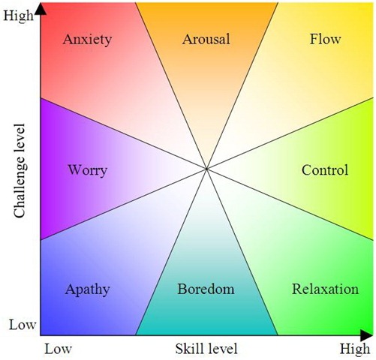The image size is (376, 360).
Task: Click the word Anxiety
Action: [87, 40]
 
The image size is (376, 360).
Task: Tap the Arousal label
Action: [206, 39]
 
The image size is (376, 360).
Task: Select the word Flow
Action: [325, 39]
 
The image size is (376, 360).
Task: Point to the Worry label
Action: [88, 171]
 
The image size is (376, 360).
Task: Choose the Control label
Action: [325, 170]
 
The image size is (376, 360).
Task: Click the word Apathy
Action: [87, 290]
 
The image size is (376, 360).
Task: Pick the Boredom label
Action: [206, 289]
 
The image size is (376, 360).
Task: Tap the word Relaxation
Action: [325, 289]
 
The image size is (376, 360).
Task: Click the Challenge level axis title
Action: [20, 171]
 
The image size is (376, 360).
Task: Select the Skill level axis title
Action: [206, 349]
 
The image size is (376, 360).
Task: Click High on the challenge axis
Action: [18, 16]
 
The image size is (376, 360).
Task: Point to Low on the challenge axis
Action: [23, 325]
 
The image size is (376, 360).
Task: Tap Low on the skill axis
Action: [58, 349]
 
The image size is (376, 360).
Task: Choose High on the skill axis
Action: [355, 349]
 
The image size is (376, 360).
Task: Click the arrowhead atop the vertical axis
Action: [41, 9]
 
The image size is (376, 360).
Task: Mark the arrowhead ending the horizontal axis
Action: [366, 335]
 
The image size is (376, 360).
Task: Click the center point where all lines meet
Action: [206, 169]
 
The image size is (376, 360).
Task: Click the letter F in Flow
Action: [314, 39]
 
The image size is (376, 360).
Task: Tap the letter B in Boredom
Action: [182, 289]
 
